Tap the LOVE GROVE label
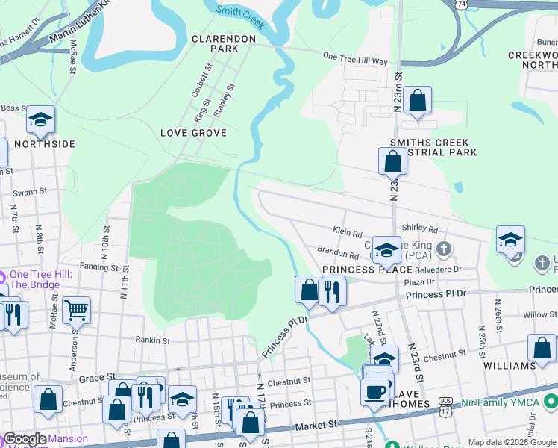(193, 133)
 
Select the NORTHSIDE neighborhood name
(45, 143)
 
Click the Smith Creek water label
(240, 16)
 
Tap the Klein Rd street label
(347, 232)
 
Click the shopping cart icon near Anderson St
(77, 309)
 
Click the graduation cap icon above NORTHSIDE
(40, 119)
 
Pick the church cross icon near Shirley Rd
(444, 248)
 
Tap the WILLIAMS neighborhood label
(510, 367)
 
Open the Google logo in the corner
(25, 439)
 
